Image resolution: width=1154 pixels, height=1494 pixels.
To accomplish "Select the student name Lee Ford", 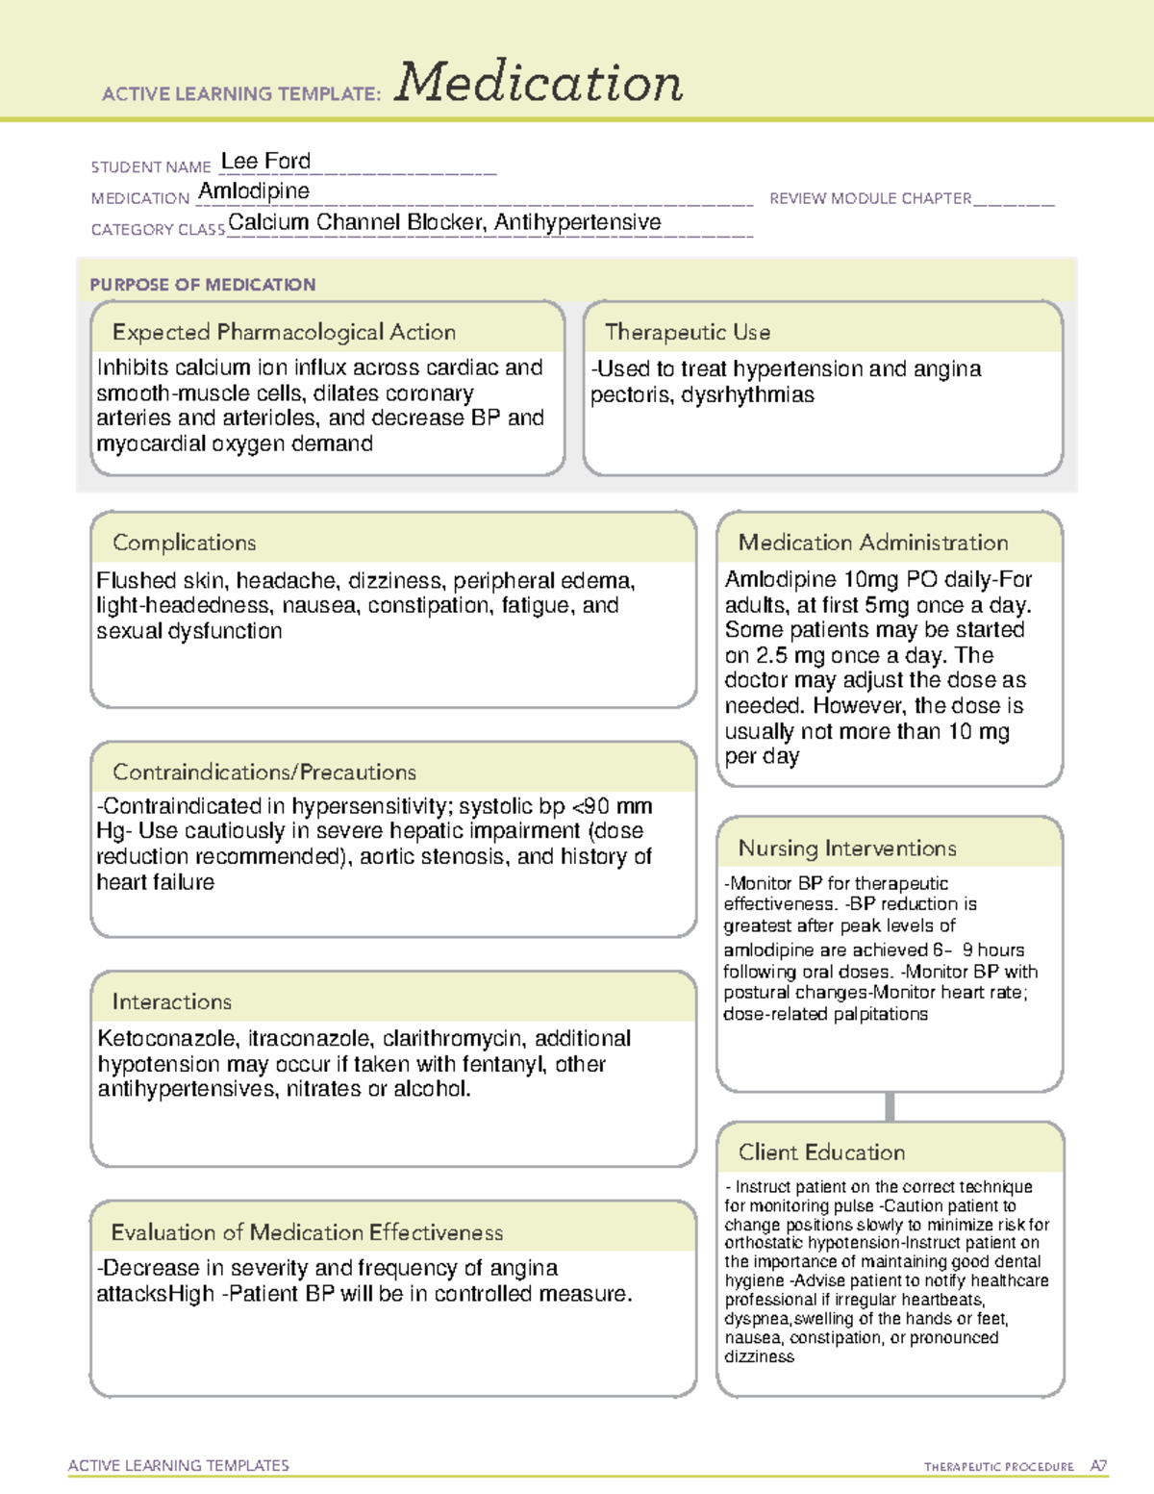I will click(x=265, y=161).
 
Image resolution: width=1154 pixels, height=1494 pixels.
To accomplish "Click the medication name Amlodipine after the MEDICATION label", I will click(x=254, y=191).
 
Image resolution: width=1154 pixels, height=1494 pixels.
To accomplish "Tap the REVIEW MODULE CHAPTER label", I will click(x=870, y=198).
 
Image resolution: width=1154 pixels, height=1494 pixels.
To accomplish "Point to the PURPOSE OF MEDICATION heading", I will click(x=203, y=285).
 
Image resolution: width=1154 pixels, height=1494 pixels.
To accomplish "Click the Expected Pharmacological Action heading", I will click(x=284, y=332).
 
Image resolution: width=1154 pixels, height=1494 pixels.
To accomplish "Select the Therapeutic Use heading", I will click(x=688, y=332).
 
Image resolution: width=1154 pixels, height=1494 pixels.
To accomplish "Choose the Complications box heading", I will click(x=185, y=543).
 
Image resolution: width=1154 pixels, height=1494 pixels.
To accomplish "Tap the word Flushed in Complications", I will click(x=134, y=580).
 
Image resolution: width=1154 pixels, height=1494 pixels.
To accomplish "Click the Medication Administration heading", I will click(x=873, y=543).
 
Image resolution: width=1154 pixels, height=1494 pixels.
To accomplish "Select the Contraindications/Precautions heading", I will click(x=264, y=772).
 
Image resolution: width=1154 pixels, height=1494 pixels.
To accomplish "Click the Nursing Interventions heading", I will click(x=847, y=848).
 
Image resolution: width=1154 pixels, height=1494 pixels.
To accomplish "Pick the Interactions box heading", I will click(x=172, y=1001).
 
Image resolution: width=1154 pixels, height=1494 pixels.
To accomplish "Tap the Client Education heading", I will click(x=821, y=1152).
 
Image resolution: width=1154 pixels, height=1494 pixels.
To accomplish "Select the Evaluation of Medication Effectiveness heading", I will click(x=307, y=1232).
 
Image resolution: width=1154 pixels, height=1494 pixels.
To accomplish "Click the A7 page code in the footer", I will click(x=1098, y=1466).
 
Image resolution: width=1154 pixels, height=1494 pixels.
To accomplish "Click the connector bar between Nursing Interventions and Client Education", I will click(x=890, y=1106).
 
